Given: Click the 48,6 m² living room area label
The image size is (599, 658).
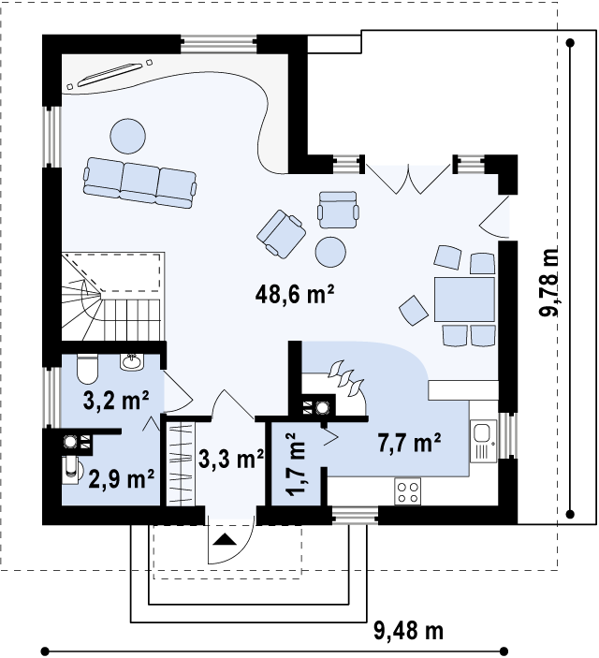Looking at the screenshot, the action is [x=294, y=294].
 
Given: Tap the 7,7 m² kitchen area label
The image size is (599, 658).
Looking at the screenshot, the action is [x=409, y=443].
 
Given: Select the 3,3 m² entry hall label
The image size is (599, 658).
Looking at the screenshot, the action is [x=231, y=459].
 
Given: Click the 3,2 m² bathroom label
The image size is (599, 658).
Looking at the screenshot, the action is [x=116, y=401].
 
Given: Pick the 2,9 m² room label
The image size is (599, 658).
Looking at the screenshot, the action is [x=122, y=479].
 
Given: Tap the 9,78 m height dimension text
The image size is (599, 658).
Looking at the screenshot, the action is [x=549, y=282].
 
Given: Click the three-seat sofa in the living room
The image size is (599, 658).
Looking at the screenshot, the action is [x=139, y=183].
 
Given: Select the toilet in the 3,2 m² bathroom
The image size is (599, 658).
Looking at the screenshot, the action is [x=88, y=369].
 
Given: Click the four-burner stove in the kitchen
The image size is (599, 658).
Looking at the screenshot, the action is [x=407, y=492].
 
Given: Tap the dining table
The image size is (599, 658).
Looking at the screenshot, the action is [x=464, y=300].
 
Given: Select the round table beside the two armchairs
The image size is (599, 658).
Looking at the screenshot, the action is [x=330, y=252].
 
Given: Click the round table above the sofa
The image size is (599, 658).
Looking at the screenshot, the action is [x=128, y=137].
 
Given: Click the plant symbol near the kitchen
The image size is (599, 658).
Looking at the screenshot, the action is [x=346, y=378].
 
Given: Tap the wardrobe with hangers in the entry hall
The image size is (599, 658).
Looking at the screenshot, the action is [x=182, y=463].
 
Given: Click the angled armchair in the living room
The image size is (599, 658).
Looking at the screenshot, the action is [x=281, y=234].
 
